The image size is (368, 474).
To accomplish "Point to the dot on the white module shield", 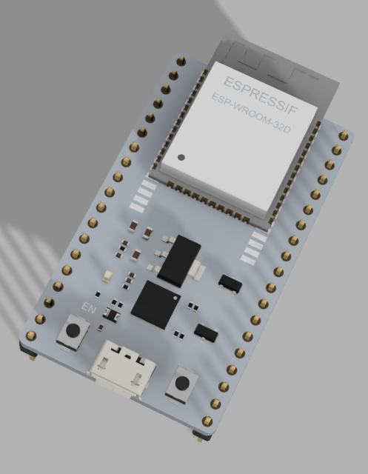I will click(x=181, y=158).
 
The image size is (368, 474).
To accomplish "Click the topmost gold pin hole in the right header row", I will click(x=344, y=135).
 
